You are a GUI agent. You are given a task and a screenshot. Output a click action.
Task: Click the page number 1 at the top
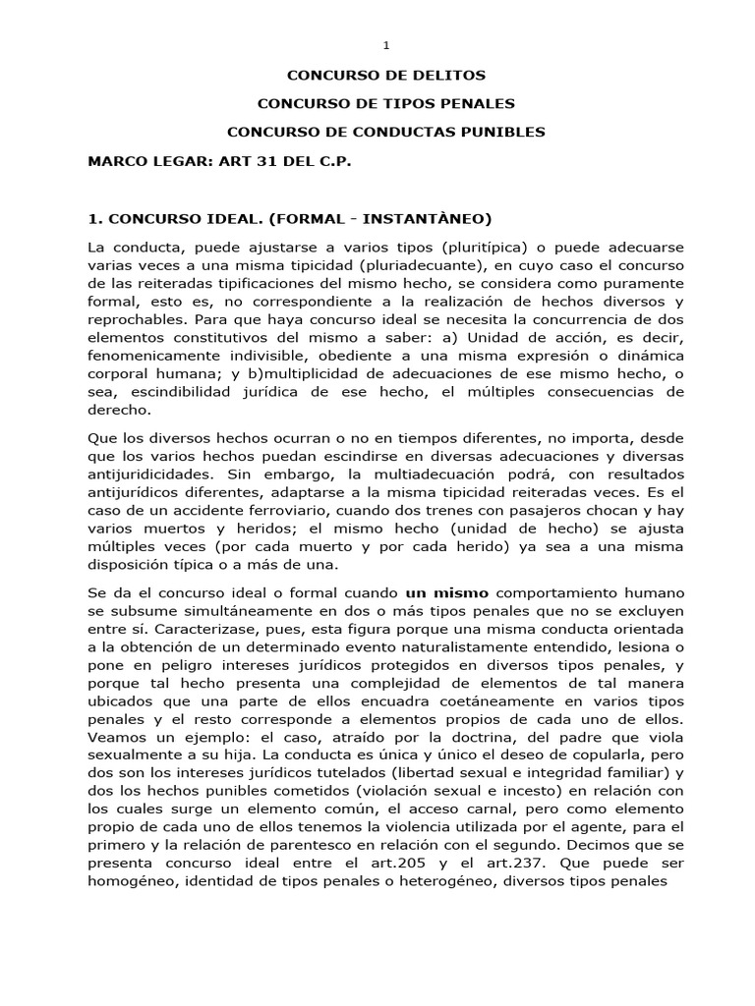[385, 45]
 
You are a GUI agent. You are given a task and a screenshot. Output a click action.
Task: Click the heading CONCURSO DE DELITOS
[385, 75]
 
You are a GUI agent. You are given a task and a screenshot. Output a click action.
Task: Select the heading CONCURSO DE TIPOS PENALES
[385, 103]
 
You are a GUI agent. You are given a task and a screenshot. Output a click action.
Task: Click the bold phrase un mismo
[447, 593]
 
